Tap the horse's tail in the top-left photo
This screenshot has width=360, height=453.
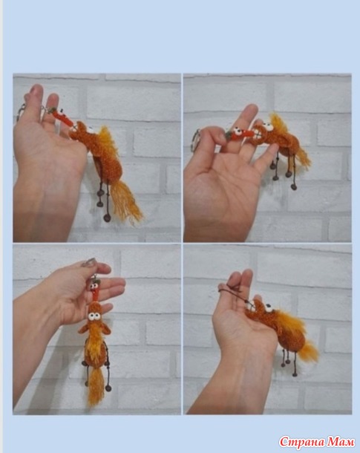pyautogui.click(x=125, y=201)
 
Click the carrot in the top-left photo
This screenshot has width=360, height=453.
pyautogui.click(x=62, y=117)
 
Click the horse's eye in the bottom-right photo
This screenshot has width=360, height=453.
pyautogui.click(x=268, y=307)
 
